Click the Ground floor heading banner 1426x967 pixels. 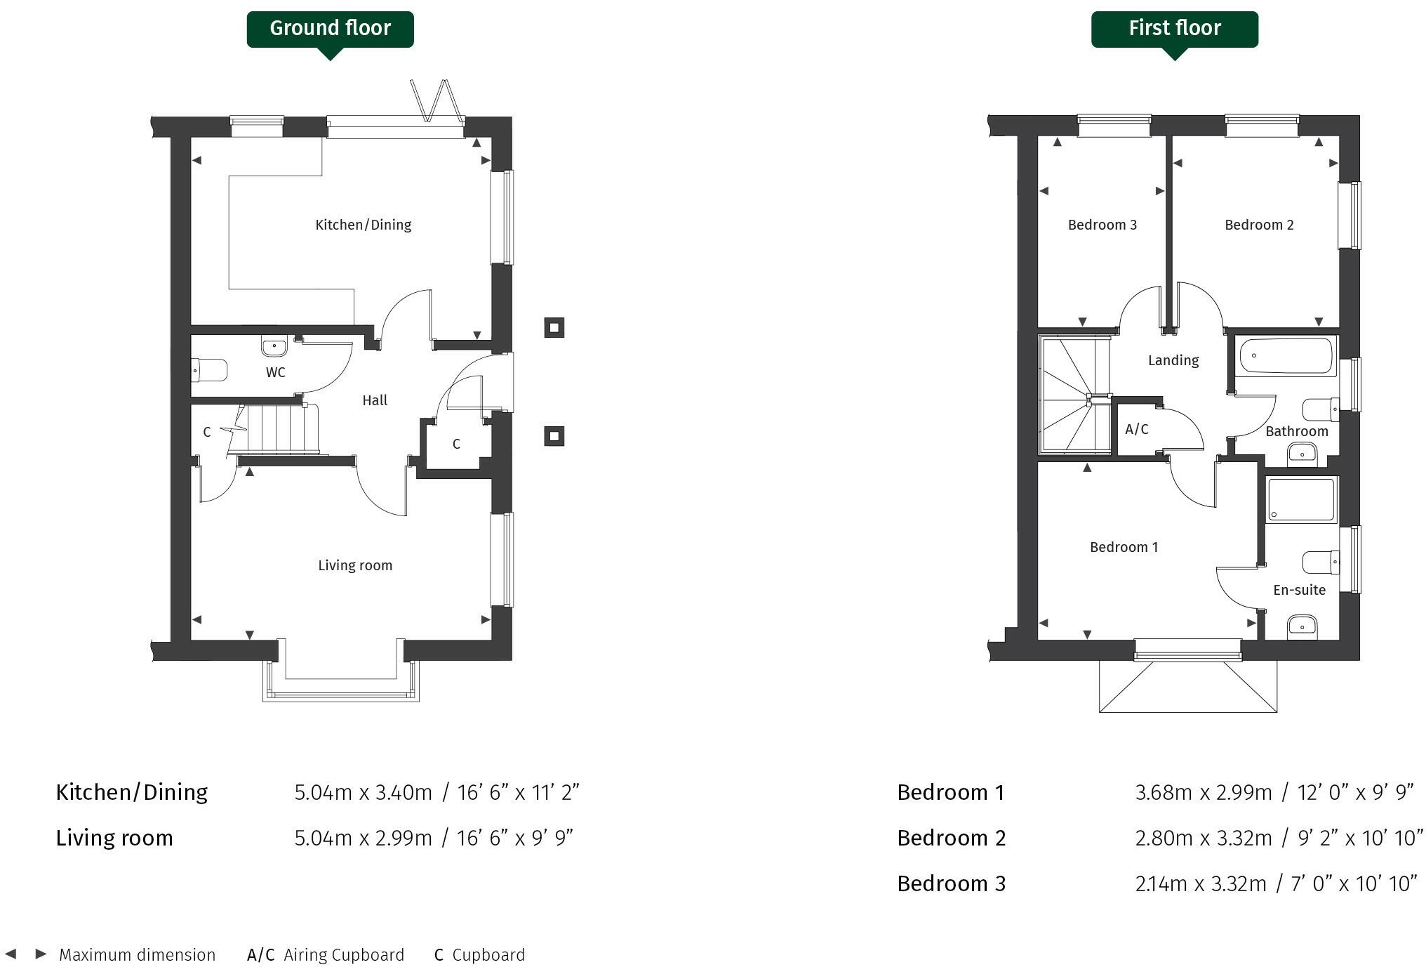pyautogui.click(x=330, y=29)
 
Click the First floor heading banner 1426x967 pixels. pyautogui.click(x=1174, y=29)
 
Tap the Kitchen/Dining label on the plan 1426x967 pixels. pyautogui.click(x=363, y=225)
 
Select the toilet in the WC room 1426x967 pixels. pyautogui.click(x=210, y=370)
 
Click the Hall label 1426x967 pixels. pyautogui.click(x=375, y=400)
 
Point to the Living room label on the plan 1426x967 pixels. pyautogui.click(x=355, y=565)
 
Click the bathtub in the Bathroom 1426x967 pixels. pyautogui.click(x=1286, y=357)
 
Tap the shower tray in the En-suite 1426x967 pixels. pyautogui.click(x=1301, y=500)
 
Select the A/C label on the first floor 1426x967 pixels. pyautogui.click(x=1136, y=429)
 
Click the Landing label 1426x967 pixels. pyautogui.click(x=1173, y=360)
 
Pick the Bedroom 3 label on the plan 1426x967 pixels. pyautogui.click(x=1102, y=225)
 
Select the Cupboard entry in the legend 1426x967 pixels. pyautogui.click(x=479, y=955)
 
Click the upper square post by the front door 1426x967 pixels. pyautogui.click(x=554, y=327)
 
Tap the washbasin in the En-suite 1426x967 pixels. pyautogui.click(x=1302, y=624)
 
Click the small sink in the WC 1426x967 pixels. pyautogui.click(x=274, y=346)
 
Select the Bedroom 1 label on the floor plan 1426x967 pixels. pyautogui.click(x=1124, y=547)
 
